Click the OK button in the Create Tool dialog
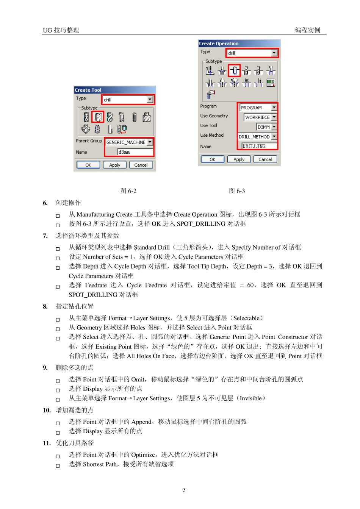point(88,165)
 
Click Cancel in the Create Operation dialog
point(265,159)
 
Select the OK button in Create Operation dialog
point(212,159)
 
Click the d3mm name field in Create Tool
point(135,152)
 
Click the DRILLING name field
point(259,146)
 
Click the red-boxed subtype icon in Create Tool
point(98,117)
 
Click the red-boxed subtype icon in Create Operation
point(235,70)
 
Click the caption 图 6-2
point(128,191)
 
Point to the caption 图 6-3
point(237,191)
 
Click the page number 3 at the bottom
point(184,490)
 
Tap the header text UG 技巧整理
point(61,30)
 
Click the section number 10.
point(47,410)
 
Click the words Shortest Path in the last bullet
point(100,464)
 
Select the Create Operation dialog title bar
point(239,43)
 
